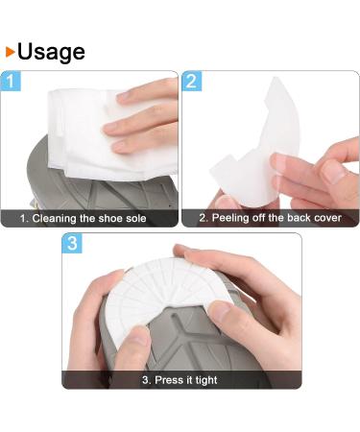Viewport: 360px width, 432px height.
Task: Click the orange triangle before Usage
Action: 10,51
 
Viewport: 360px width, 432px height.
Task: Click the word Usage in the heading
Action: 50,50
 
